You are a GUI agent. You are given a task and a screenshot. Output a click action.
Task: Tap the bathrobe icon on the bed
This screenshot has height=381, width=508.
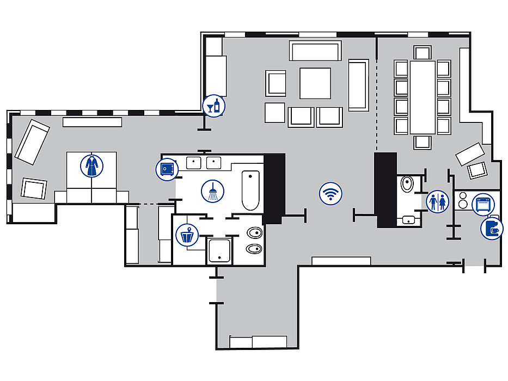(x=91, y=165)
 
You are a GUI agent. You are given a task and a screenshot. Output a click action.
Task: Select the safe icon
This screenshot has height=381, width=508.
(x=167, y=169)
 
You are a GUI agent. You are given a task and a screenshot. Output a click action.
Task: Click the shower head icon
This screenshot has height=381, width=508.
(x=212, y=191)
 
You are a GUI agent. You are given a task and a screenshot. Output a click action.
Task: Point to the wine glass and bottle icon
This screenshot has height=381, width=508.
(x=213, y=106)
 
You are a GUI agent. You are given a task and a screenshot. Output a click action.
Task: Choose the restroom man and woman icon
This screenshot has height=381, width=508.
(x=438, y=201)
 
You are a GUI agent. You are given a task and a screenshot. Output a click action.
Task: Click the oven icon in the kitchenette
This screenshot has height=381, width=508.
(x=483, y=205)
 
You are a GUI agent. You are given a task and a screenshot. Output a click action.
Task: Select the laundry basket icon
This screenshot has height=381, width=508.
(x=187, y=235)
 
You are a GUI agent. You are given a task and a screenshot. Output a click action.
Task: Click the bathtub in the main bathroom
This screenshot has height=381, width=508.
(x=250, y=190)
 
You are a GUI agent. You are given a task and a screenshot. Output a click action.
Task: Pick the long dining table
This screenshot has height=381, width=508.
(x=423, y=97)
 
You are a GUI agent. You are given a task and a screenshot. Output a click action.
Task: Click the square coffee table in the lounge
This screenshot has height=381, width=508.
(x=315, y=83)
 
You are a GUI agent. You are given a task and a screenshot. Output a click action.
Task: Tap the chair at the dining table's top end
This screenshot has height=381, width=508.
(x=423, y=53)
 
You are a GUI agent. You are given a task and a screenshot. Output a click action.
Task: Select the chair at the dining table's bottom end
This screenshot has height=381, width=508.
(x=423, y=142)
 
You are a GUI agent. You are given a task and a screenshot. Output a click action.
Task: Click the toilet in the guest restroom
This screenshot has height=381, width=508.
(x=407, y=185)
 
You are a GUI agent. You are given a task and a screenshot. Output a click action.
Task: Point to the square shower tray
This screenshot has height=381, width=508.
(x=221, y=251)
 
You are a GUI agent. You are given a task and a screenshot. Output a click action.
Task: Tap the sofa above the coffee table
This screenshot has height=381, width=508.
(x=315, y=51)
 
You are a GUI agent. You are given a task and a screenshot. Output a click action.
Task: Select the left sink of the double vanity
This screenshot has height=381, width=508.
(x=194, y=162)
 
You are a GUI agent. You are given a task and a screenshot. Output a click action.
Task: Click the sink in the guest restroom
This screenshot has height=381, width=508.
(x=408, y=220)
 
